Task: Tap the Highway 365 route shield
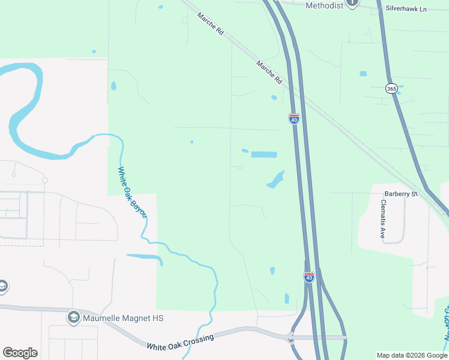(391, 88)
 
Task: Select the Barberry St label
(401, 194)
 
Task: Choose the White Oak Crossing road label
(180, 342)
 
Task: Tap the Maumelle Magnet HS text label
(124, 317)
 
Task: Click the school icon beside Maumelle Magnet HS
(74, 317)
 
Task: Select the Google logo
(20, 353)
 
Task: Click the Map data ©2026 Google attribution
(411, 355)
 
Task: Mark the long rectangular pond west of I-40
(264, 154)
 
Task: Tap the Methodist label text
(324, 5)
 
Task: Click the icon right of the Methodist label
(352, 3)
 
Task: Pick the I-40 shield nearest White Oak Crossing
(309, 277)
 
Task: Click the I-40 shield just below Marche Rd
(294, 119)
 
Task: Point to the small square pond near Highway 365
(363, 74)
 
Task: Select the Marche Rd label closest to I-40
(269, 71)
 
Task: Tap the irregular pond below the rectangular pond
(276, 179)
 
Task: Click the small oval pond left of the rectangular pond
(244, 151)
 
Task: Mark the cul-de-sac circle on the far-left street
(44, 180)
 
